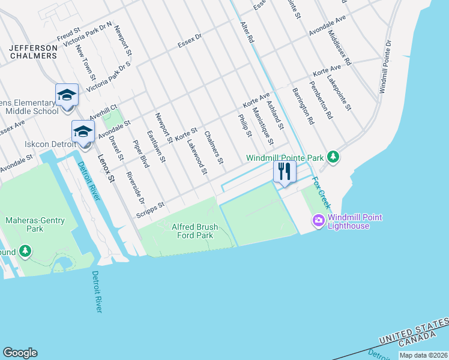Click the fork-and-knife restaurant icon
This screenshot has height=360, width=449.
point(284,171)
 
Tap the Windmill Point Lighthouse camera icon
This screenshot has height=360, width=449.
point(318,221)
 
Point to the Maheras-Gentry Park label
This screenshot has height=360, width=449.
point(25,224)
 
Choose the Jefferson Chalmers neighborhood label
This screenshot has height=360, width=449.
point(33,51)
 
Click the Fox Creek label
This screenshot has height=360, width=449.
point(321,191)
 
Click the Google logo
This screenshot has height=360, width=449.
point(20,353)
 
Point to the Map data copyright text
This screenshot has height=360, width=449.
point(423,355)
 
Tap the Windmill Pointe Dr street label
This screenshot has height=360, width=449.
point(385,66)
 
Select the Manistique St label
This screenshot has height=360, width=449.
point(262,125)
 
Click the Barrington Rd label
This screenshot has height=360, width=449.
point(303,106)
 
